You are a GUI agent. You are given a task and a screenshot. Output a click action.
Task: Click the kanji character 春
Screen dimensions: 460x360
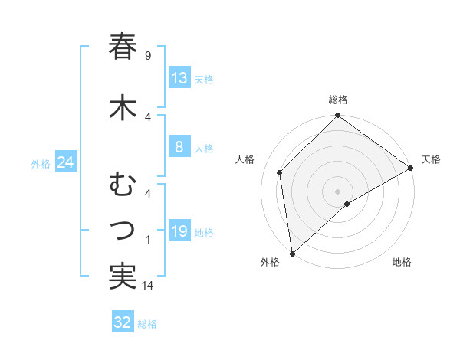point(123,47)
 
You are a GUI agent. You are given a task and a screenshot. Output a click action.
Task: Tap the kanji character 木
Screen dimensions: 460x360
point(123,108)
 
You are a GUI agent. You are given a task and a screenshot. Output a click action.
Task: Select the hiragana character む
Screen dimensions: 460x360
point(123,185)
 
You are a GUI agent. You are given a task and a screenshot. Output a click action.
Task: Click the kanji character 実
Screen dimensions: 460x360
point(123,277)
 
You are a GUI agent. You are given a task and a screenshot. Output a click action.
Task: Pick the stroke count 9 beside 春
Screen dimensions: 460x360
point(147,55)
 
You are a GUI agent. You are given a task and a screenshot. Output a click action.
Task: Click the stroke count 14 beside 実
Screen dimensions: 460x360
point(149,286)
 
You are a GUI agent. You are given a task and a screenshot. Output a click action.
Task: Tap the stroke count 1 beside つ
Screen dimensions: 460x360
point(147,240)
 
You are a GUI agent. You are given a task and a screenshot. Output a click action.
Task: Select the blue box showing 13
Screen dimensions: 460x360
point(179,79)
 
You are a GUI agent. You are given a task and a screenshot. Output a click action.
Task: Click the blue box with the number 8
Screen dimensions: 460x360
point(179,148)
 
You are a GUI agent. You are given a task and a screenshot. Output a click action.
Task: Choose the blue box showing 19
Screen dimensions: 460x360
point(179,232)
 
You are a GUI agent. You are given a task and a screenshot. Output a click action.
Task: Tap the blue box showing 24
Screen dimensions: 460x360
point(65,163)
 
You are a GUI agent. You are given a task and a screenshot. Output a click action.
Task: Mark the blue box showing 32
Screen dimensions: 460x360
point(122,323)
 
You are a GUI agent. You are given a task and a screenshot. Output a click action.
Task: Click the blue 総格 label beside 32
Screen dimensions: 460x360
point(147,324)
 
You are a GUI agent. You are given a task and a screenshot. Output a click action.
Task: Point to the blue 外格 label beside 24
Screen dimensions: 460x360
point(41,164)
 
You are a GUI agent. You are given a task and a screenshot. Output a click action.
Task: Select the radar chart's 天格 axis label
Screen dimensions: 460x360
point(431,159)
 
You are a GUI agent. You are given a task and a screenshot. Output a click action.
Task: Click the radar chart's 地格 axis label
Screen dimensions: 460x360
point(402,262)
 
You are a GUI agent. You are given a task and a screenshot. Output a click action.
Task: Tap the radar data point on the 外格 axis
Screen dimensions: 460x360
point(291,253)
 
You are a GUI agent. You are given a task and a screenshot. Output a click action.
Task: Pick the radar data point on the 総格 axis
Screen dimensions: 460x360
point(337,116)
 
